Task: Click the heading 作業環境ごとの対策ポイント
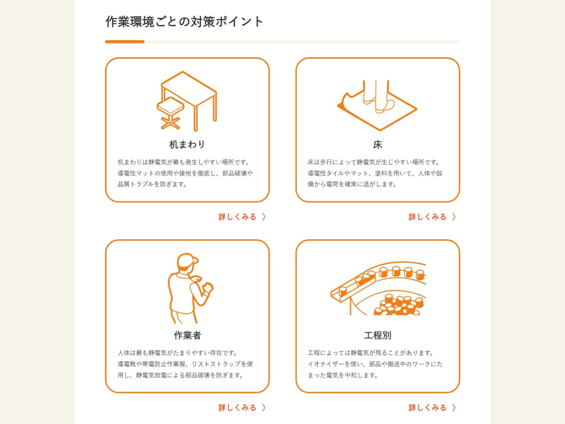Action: [x=184, y=21]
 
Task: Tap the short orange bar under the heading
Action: [x=125, y=42]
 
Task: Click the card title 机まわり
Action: [x=187, y=144]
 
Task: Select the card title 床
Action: [x=378, y=144]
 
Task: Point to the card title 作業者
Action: [x=187, y=335]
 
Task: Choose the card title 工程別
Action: [x=378, y=335]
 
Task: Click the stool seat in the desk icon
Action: [x=170, y=105]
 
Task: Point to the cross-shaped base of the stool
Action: [x=170, y=123]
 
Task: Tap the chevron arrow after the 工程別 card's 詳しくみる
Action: [x=454, y=407]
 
